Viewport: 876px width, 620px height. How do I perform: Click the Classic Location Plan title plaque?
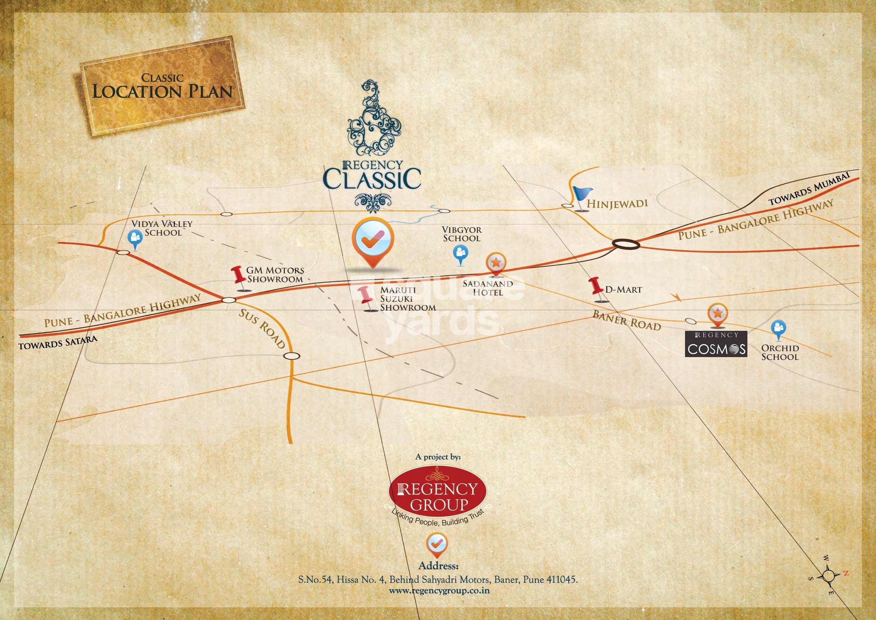(x=162, y=86)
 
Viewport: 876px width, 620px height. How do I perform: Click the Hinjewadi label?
(x=617, y=203)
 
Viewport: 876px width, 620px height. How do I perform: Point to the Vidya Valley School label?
(x=162, y=228)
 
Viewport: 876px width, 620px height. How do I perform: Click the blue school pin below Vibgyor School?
(x=460, y=253)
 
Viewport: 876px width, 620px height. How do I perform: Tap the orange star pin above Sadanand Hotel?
(x=496, y=263)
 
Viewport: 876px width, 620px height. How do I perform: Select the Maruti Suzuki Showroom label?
(x=407, y=299)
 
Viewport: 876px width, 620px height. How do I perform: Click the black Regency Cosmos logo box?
(x=716, y=343)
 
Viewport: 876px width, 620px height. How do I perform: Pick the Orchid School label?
(x=780, y=353)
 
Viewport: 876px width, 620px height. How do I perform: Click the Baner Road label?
(x=626, y=320)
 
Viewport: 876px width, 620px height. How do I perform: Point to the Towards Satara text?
(x=57, y=343)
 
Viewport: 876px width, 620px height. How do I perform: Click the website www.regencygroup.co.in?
(x=439, y=591)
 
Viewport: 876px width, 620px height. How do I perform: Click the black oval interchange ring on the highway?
(x=626, y=244)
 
